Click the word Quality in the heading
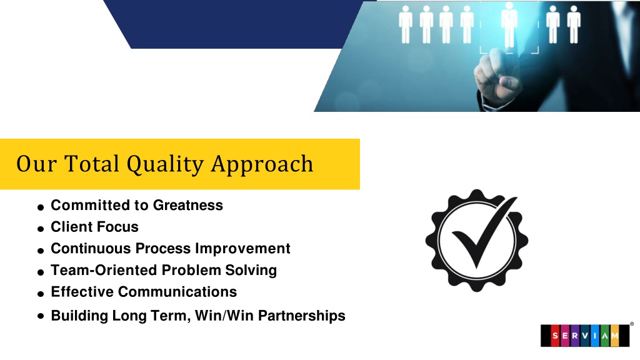coord(165,164)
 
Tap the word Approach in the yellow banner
coord(262,164)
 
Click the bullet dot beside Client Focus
coord(41,229)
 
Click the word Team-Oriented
coord(104,270)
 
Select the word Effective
coord(82,291)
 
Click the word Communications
coord(177,291)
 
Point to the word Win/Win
coord(224,316)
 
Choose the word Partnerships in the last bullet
coord(302,316)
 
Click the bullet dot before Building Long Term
coord(41,316)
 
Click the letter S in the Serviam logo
coord(555,336)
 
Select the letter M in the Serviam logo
coord(615,336)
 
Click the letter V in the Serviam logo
coord(585,336)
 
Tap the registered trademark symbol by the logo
coord(632,324)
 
